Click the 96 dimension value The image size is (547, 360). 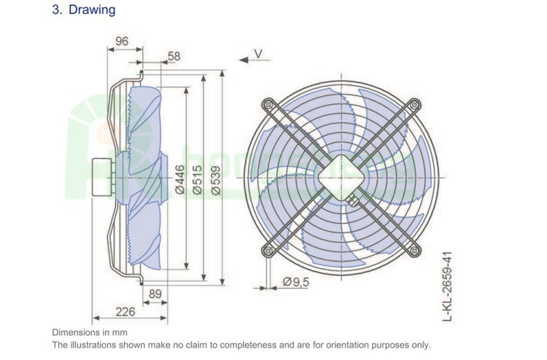pos(121,42)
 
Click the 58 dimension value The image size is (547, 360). pos(174,55)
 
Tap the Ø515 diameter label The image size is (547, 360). pos(196,179)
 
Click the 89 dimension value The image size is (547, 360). pos(155,294)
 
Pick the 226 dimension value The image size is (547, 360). pos(126,313)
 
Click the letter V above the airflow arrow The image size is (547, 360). pos(257,52)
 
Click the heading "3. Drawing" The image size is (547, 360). pos(83,11)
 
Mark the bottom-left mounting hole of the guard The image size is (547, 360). pos(267,252)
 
